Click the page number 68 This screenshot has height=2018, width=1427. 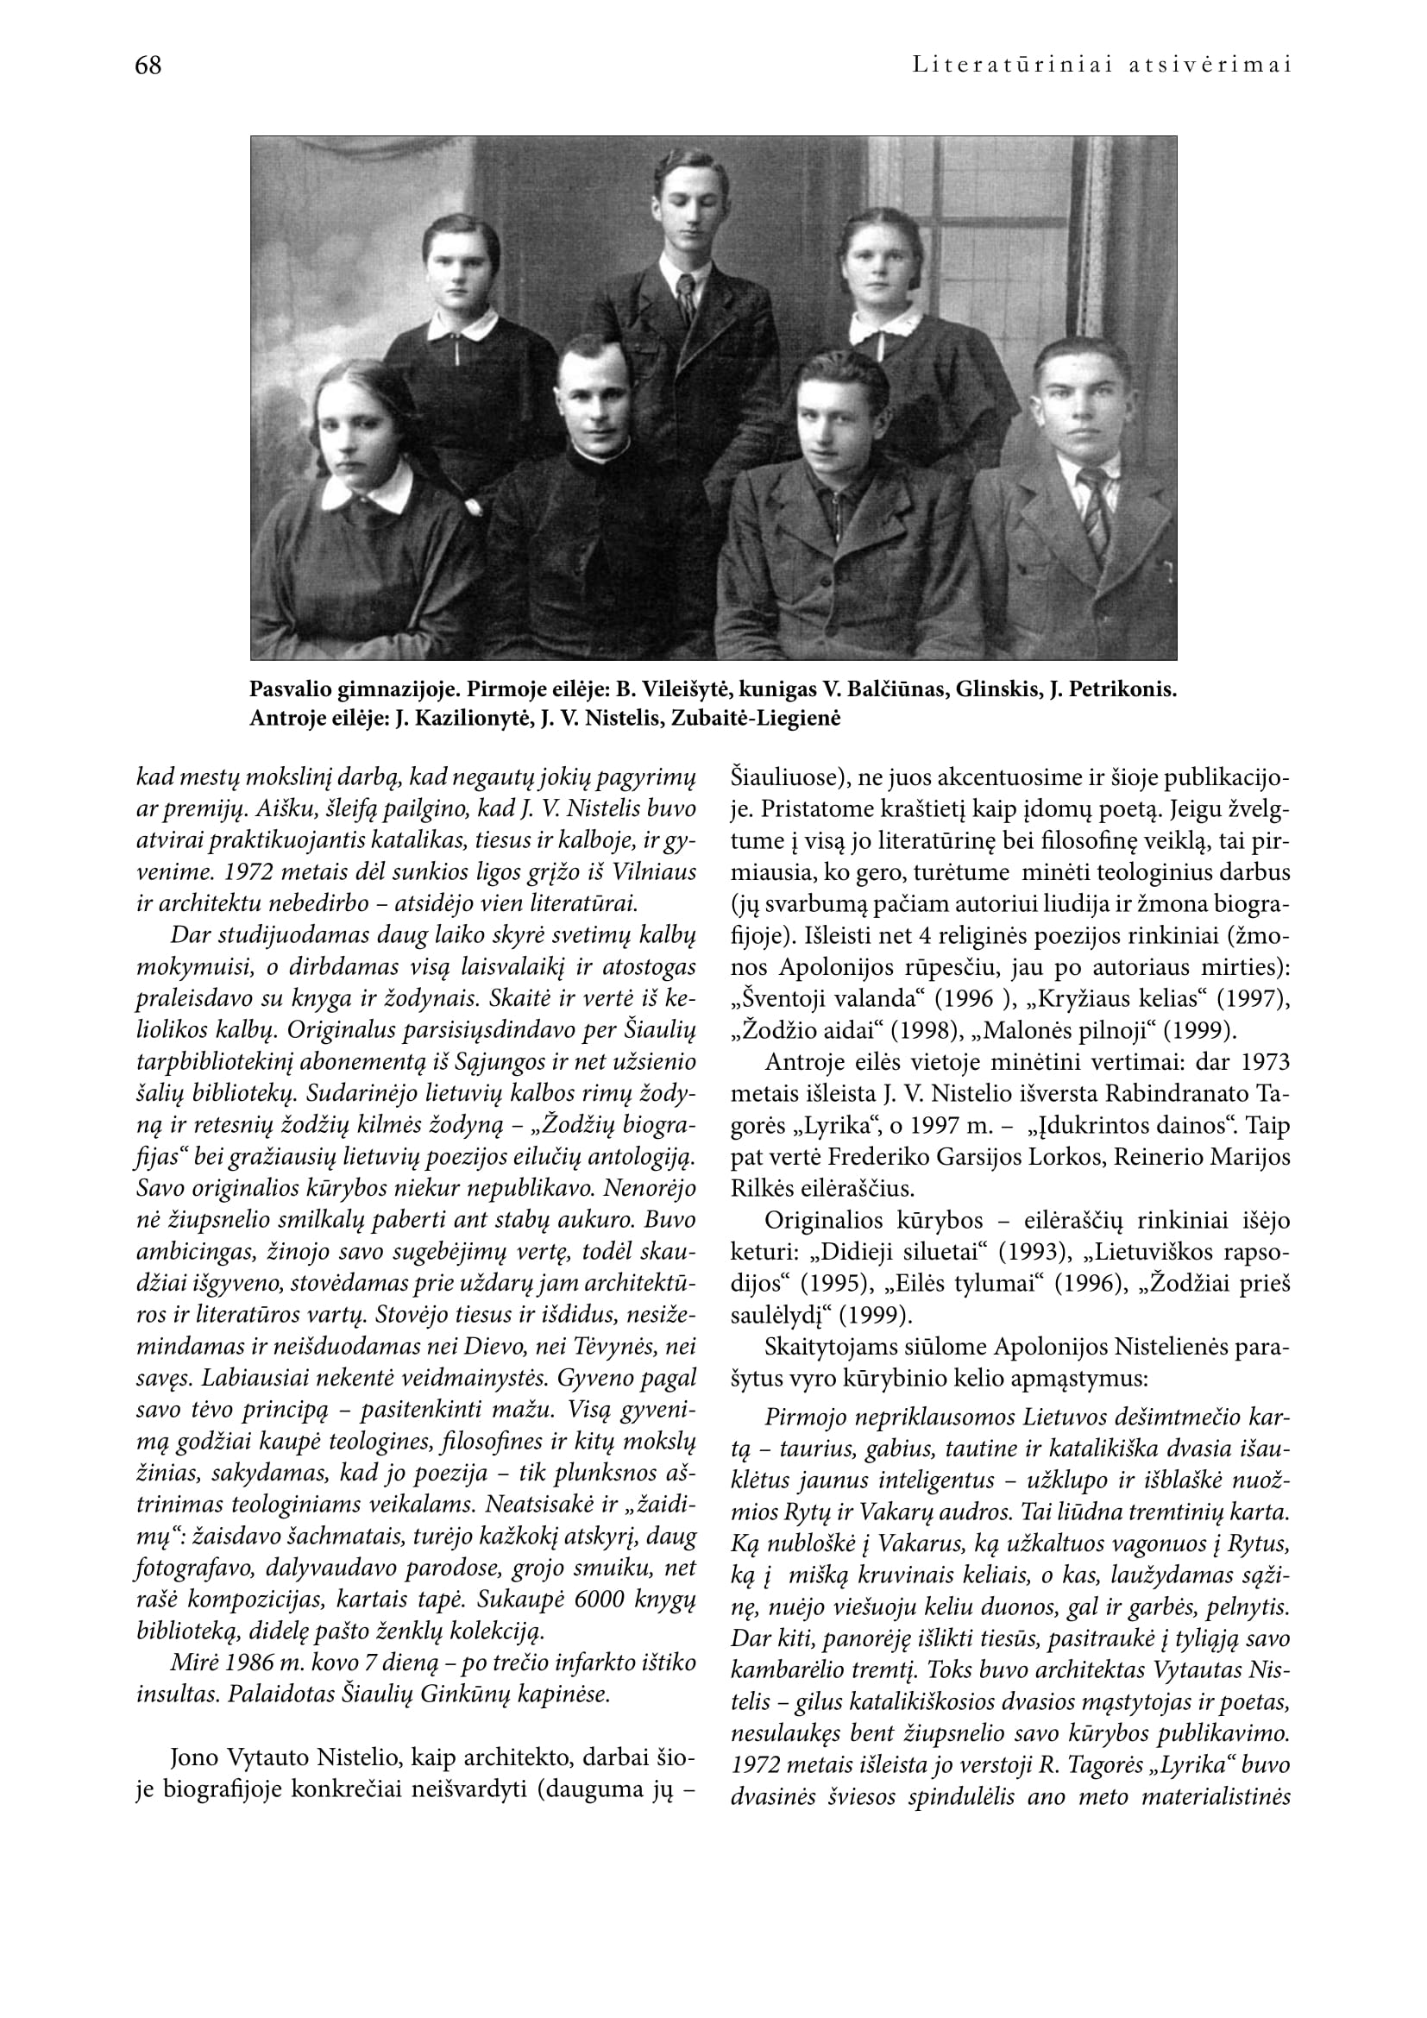pos(148,66)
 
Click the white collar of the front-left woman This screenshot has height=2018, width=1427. pos(368,490)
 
